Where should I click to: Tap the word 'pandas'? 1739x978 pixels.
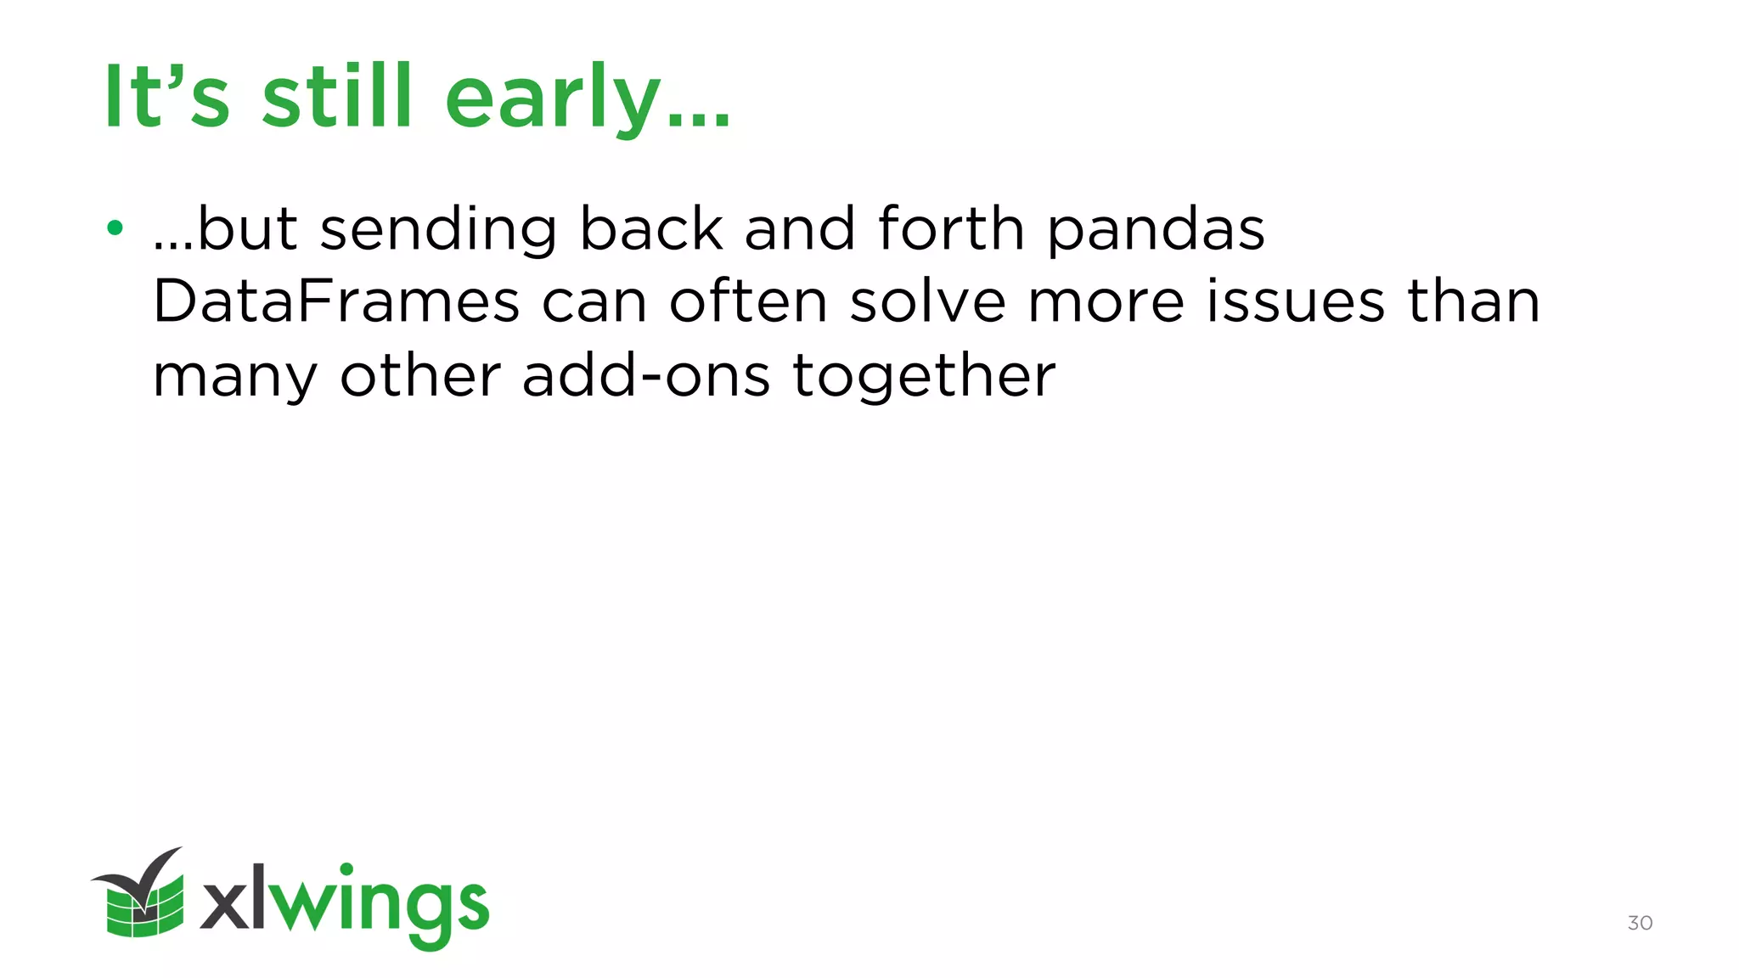click(1156, 231)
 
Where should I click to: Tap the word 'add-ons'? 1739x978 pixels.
click(646, 375)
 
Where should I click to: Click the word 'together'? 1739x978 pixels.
click(925, 377)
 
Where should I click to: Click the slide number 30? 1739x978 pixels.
click(1640, 923)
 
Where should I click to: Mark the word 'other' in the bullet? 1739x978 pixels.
click(420, 375)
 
